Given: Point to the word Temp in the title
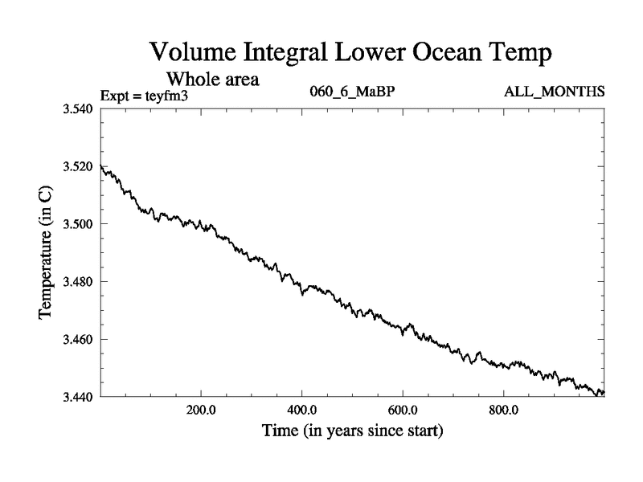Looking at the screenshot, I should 523,55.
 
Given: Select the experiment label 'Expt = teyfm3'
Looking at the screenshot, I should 144,96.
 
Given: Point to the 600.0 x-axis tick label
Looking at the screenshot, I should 403,409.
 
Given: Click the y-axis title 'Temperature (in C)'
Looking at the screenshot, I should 46,252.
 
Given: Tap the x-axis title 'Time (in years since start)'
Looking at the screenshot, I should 352,431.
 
